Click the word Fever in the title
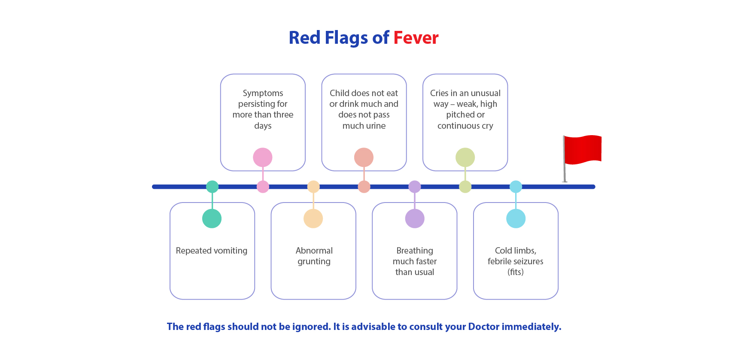[x=416, y=38]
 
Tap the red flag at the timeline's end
[x=583, y=150]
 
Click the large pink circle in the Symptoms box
[x=263, y=157]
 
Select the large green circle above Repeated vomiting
[x=212, y=218]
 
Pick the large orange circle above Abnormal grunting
[x=313, y=218]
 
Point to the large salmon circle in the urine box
[x=364, y=157]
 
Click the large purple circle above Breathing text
[x=415, y=218]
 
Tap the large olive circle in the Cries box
[x=465, y=157]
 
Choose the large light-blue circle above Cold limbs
[x=516, y=218]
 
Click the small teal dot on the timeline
[x=212, y=187]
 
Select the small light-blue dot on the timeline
[x=516, y=187]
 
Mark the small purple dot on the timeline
[x=415, y=187]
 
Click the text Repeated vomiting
[x=212, y=251]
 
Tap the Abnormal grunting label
[x=314, y=256]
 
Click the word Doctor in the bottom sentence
[x=484, y=327]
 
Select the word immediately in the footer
[x=531, y=327]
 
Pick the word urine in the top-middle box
[x=376, y=126]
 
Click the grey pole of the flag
[x=564, y=159]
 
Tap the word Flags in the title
[x=346, y=38]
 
